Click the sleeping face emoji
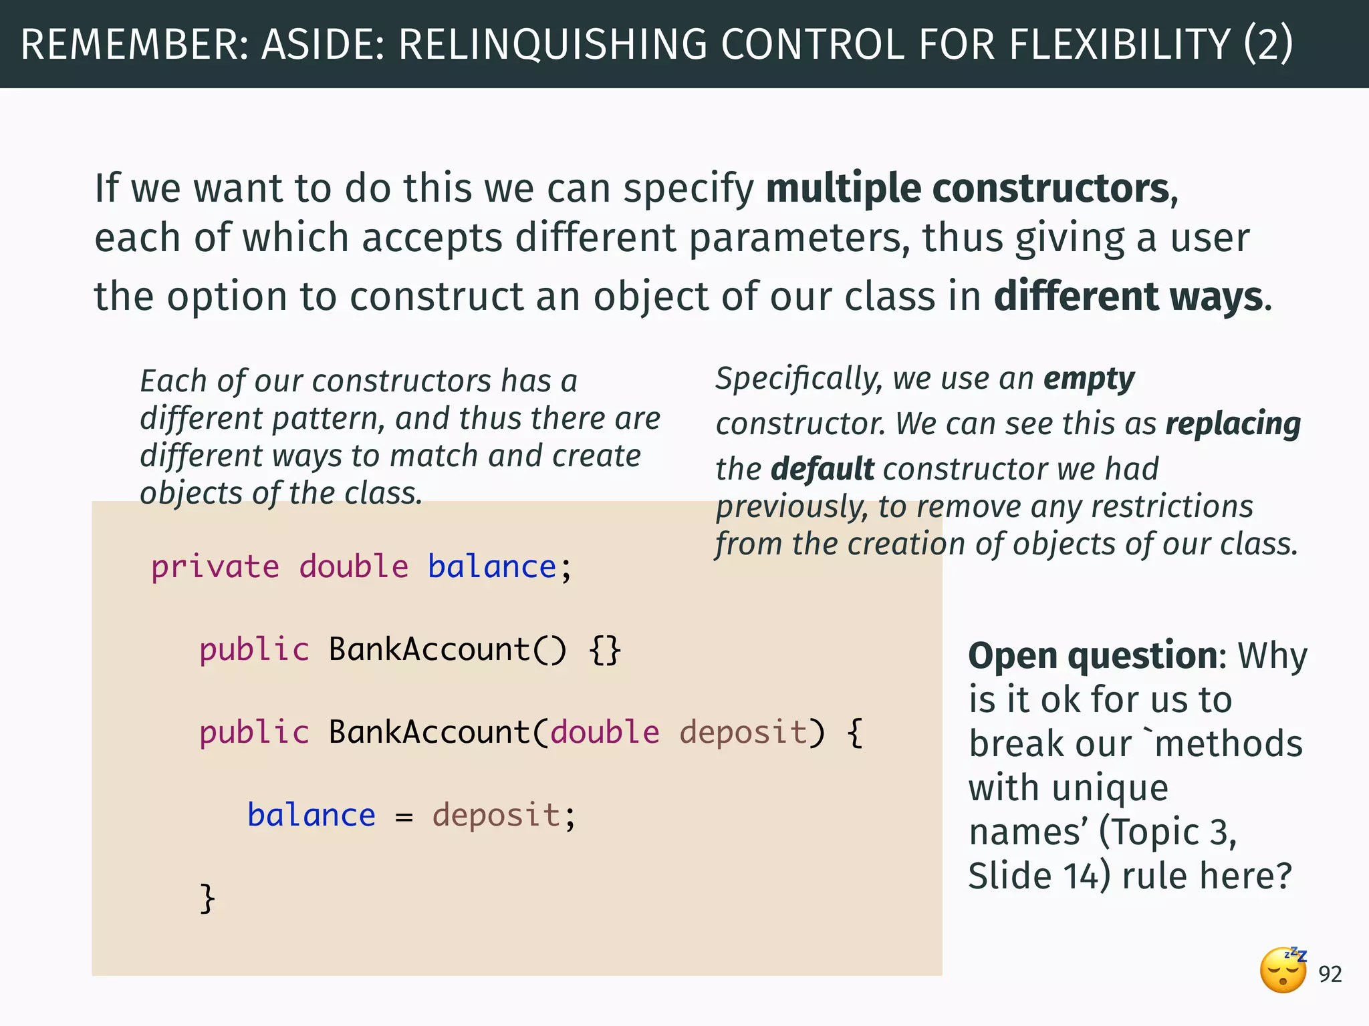[x=1283, y=971]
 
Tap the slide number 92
[x=1330, y=975]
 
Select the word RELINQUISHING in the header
[x=553, y=44]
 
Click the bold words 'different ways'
[x=1128, y=297]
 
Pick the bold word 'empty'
[x=1089, y=379]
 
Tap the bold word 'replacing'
[x=1233, y=423]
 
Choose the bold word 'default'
[x=822, y=469]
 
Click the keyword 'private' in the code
[x=215, y=567]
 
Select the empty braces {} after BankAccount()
[x=605, y=650]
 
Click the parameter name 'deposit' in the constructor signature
[x=743, y=732]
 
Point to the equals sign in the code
[x=404, y=816]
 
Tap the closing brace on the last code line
[x=208, y=898]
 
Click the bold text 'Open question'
[x=1093, y=656]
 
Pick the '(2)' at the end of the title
[x=1268, y=44]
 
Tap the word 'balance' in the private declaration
[x=492, y=567]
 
